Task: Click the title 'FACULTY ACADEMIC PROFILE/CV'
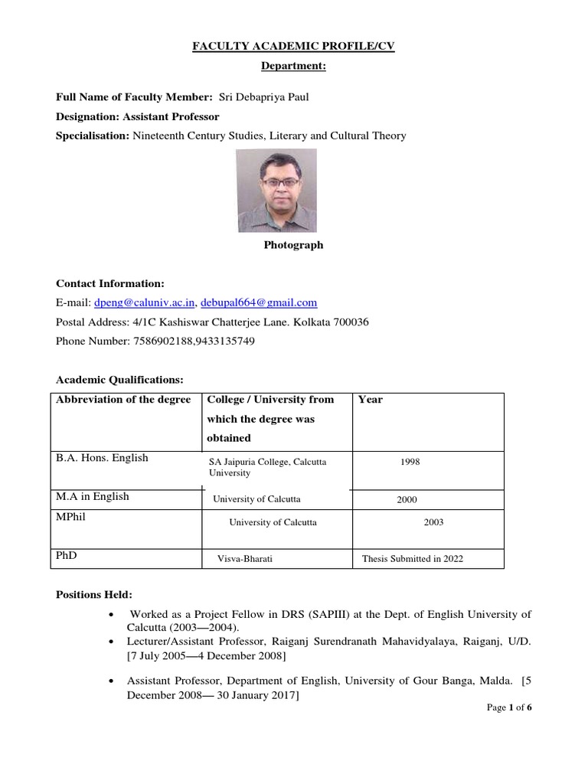click(x=293, y=47)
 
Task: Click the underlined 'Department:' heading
click(x=293, y=67)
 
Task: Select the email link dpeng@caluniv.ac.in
click(x=145, y=302)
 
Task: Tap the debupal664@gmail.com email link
click(x=258, y=302)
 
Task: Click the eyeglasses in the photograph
click(x=279, y=182)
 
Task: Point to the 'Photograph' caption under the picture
click(x=293, y=246)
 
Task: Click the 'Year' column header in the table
click(x=371, y=400)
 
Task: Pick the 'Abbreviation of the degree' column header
click(x=122, y=400)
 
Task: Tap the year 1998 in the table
click(x=410, y=462)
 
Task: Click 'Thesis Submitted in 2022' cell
click(x=413, y=559)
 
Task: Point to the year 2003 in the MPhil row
click(x=433, y=522)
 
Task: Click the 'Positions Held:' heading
click(x=94, y=594)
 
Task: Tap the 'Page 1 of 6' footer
click(x=509, y=707)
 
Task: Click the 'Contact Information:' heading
click(x=110, y=283)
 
